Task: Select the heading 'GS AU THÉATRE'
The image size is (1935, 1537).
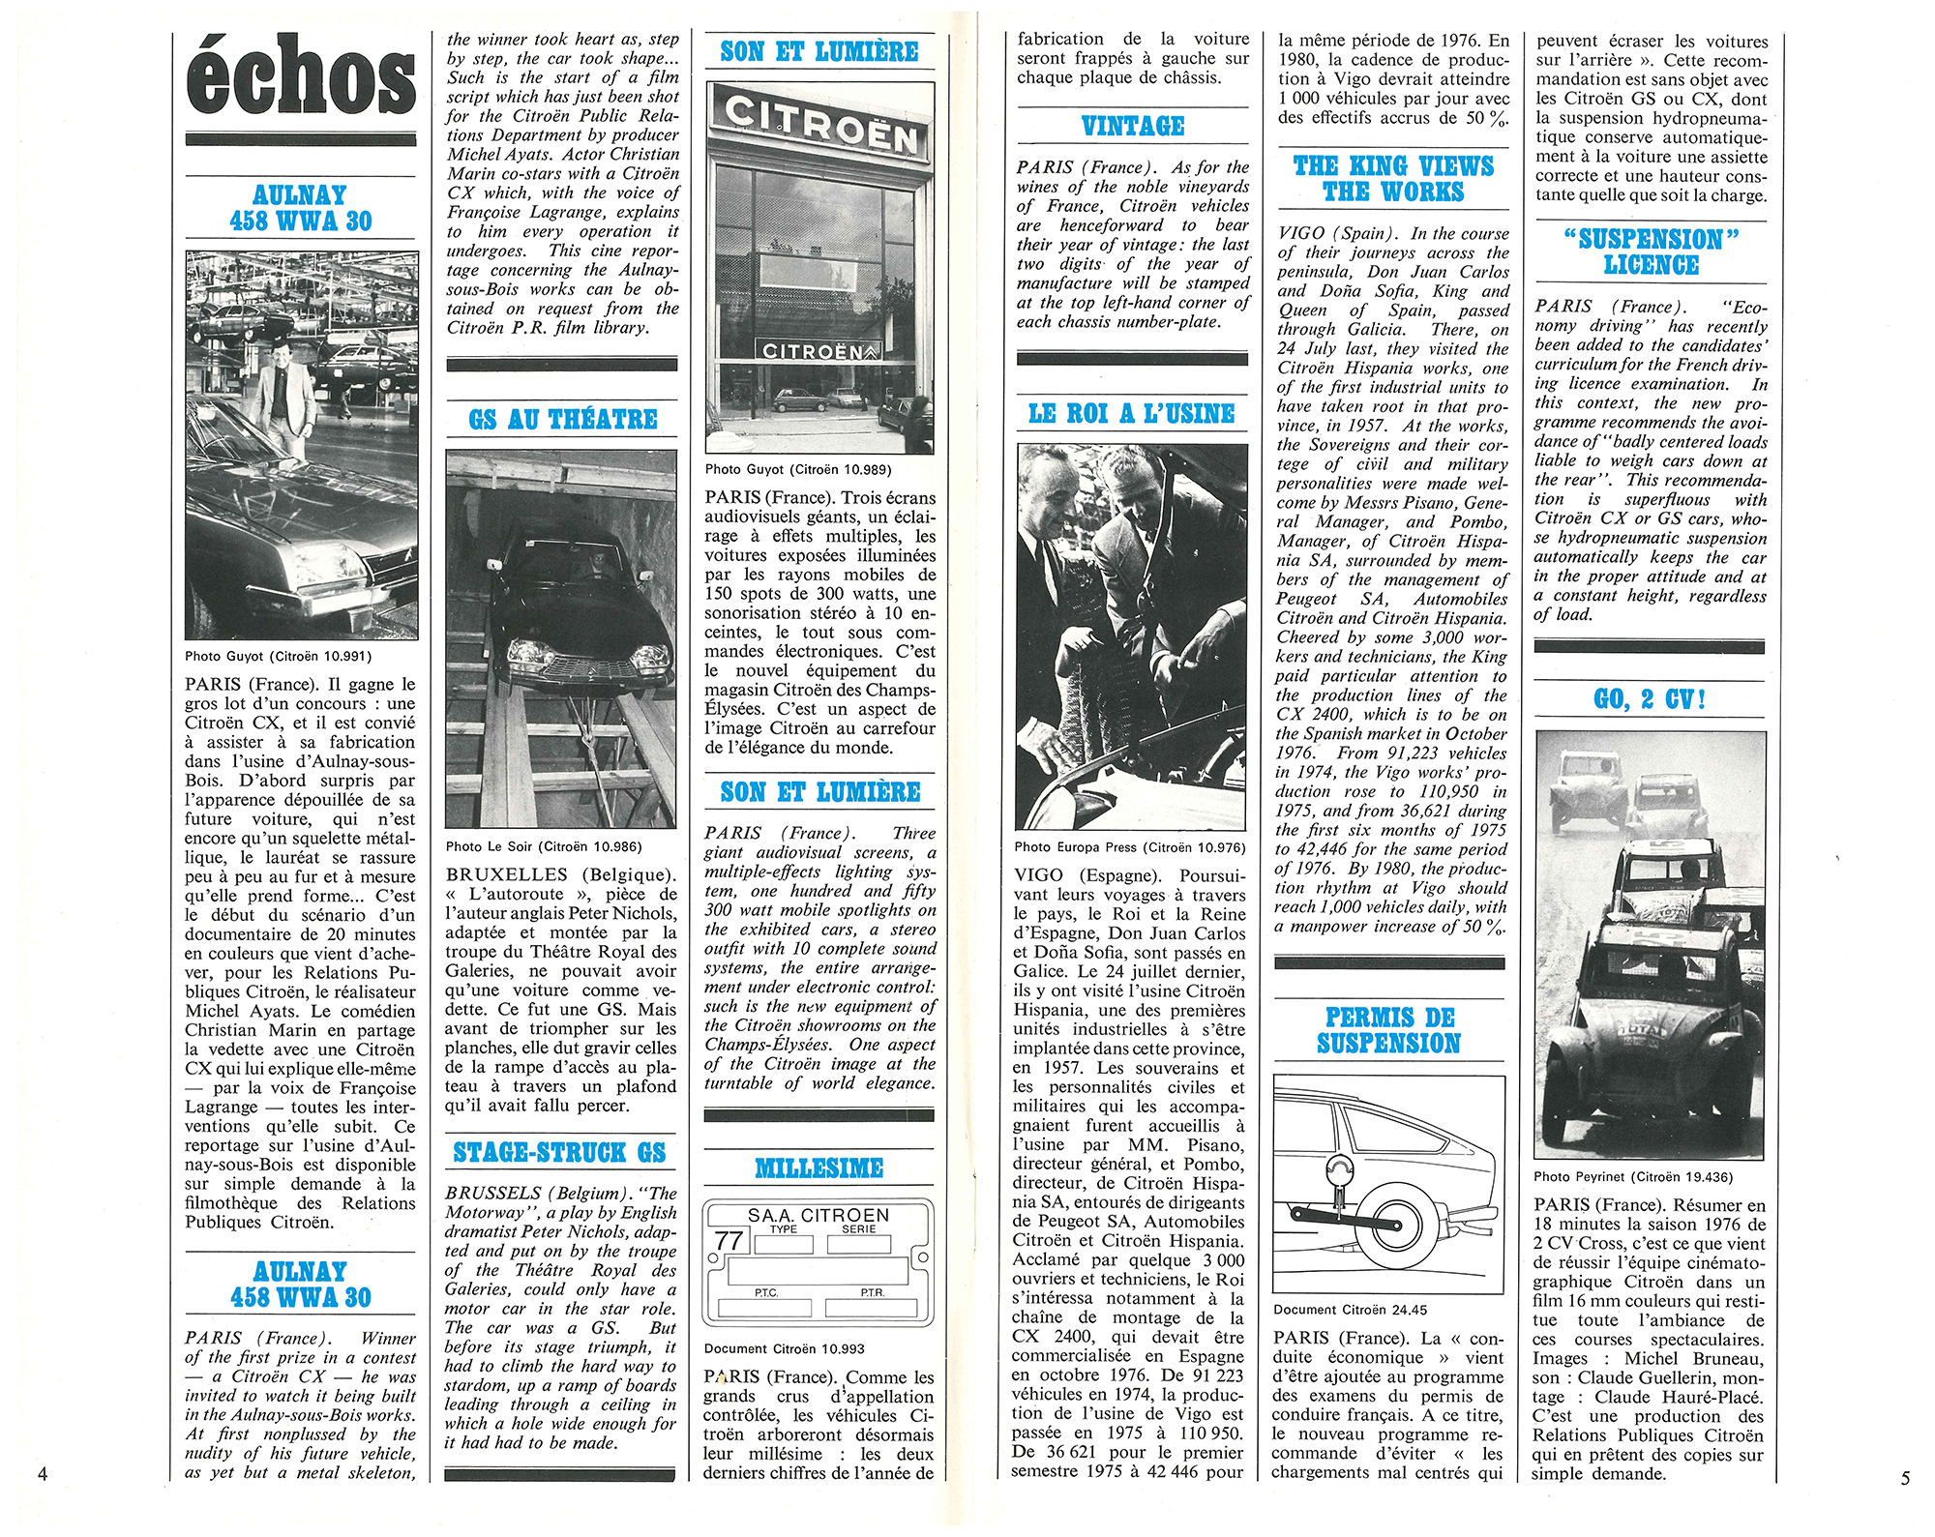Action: tap(562, 420)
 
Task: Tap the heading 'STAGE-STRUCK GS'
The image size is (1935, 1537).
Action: tap(560, 1152)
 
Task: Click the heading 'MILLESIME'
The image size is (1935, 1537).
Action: tap(819, 1168)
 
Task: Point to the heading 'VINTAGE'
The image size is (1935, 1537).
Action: tap(1132, 127)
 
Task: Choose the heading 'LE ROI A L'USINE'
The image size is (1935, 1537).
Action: tap(1131, 414)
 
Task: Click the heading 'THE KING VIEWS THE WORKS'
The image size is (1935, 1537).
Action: tap(1393, 179)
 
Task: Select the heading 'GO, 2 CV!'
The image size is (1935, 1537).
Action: tap(1649, 699)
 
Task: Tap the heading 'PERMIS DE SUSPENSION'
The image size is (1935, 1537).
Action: tap(1388, 1030)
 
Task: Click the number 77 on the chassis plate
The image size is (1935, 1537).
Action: tap(729, 1240)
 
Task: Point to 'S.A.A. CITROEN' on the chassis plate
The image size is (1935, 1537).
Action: tap(818, 1215)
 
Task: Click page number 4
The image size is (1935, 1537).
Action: tap(42, 1474)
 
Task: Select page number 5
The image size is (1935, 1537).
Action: tap(1905, 1478)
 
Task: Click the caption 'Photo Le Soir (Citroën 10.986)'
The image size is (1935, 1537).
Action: tap(544, 846)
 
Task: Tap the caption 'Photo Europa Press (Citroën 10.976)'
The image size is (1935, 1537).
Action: tap(1129, 847)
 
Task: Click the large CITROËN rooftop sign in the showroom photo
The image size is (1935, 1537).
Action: tap(819, 126)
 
